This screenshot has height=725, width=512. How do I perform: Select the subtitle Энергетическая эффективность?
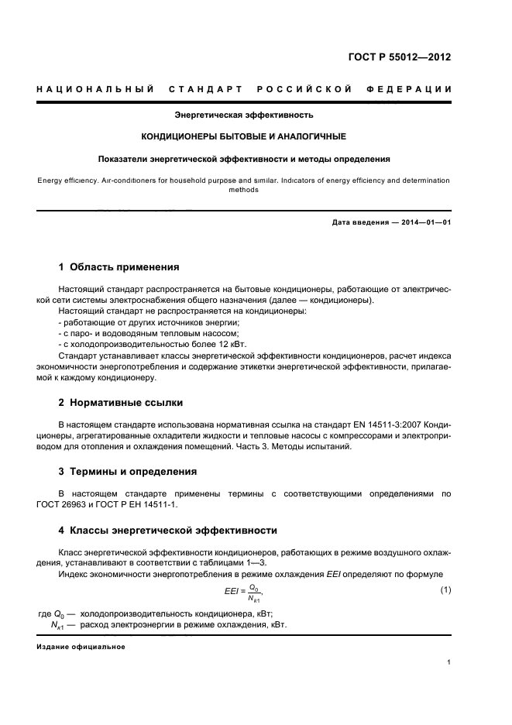[243, 115]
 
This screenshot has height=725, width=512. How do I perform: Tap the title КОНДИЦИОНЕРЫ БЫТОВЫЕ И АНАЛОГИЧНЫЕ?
[243, 136]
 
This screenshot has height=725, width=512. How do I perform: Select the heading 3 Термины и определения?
[128, 471]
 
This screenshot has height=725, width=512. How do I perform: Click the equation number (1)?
[445, 591]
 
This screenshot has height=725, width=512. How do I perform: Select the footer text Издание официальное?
[81, 646]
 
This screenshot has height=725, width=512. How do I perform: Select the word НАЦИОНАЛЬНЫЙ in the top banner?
[96, 90]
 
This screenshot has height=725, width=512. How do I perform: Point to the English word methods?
[243, 190]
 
